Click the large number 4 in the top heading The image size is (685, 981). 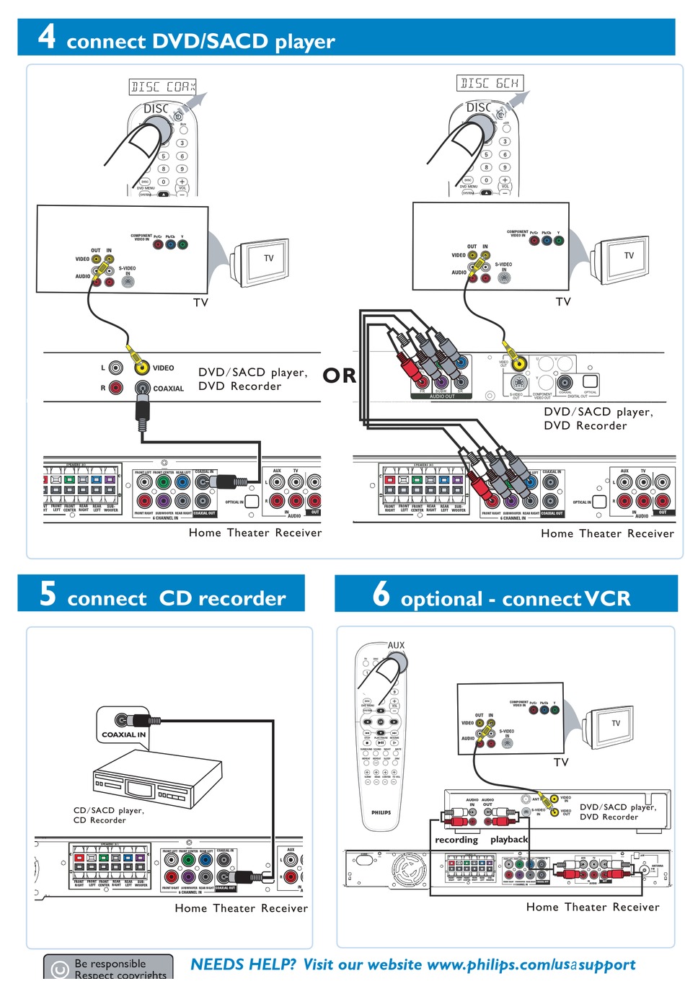pos(47,36)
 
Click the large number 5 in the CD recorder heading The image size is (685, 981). pos(48,593)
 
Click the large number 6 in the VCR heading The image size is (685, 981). pos(381,593)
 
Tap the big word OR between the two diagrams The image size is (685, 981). pos(339,376)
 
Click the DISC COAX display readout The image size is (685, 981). pos(163,87)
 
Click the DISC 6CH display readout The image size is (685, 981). pos(490,84)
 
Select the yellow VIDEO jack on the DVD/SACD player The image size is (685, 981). pos(142,368)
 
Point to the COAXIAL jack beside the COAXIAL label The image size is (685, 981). pos(143,388)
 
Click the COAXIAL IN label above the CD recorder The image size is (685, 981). pos(124,734)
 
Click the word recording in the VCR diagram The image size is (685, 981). pos(456,840)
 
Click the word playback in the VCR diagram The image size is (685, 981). pos(509,840)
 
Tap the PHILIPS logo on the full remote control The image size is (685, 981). pos(381,812)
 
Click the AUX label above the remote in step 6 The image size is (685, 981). pos(397,645)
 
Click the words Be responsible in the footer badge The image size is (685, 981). pos(110,964)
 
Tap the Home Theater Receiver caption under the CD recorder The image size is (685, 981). pos(241,908)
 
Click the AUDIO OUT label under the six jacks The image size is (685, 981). pos(442,396)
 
